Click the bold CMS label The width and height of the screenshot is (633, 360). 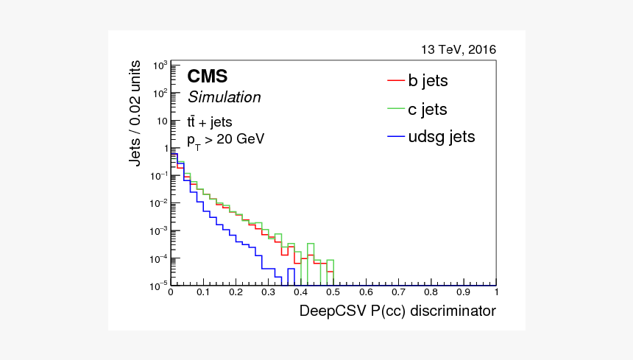207,77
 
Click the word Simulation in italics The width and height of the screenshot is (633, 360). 224,97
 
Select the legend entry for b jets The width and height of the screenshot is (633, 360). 428,80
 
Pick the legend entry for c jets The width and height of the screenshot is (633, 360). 428,110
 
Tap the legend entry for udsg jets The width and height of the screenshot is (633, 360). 442,137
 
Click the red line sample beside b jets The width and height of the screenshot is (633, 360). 396,80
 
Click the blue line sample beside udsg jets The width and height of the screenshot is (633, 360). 396,137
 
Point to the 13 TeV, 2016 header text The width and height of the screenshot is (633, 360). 459,50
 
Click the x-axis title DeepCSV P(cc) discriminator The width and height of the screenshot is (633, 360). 397,311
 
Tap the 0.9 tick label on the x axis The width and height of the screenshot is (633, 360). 464,293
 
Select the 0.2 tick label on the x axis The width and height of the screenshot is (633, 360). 236,293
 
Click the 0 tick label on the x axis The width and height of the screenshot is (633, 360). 171,293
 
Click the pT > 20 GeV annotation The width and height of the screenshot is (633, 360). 225,140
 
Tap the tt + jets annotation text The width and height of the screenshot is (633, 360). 215,122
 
